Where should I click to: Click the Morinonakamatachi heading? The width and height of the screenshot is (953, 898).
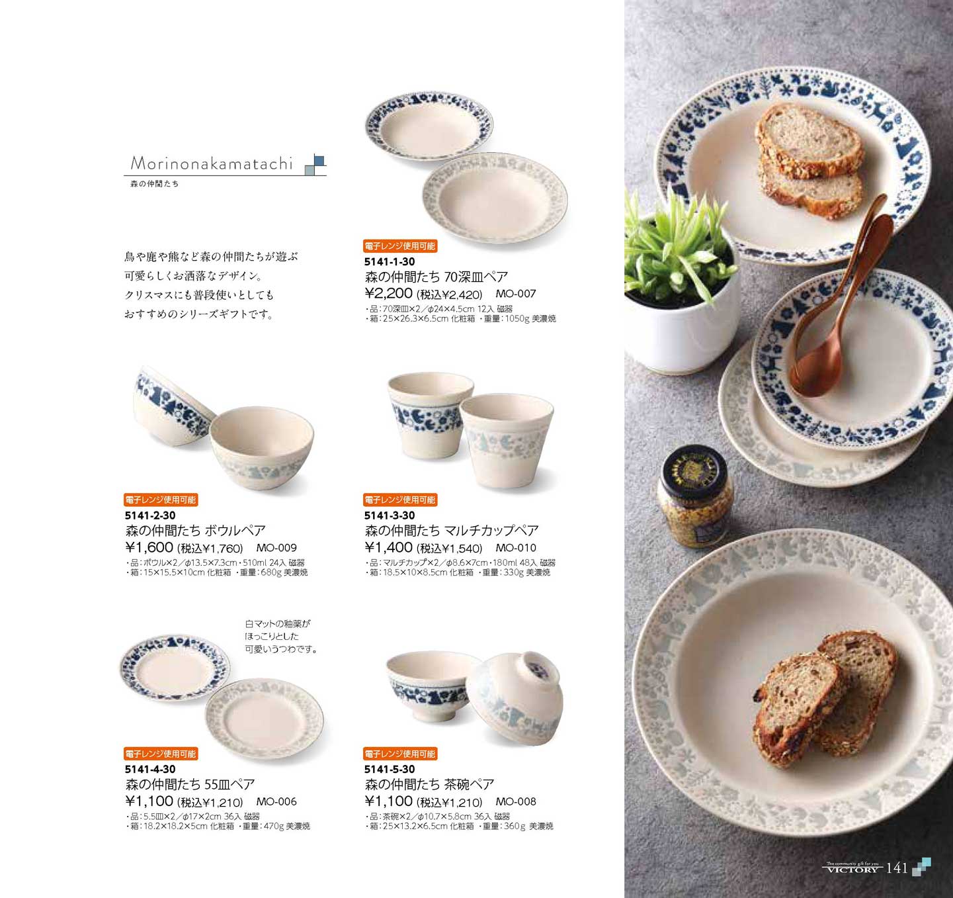point(212,163)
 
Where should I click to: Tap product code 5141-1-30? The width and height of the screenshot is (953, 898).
point(389,261)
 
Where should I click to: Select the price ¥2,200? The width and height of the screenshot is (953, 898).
point(388,293)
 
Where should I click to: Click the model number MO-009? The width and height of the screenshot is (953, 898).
point(276,547)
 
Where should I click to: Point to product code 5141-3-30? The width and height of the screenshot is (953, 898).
point(389,516)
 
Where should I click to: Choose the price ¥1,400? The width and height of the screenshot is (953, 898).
point(388,547)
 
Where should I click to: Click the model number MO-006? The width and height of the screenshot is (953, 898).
point(276,801)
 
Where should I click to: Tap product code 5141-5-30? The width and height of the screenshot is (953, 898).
point(389,770)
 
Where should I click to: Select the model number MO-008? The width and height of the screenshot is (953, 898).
point(516,801)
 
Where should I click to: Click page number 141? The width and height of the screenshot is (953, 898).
point(897,868)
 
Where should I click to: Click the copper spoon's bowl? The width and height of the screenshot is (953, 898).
point(813,370)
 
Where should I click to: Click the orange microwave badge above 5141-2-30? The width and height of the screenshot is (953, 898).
point(160,500)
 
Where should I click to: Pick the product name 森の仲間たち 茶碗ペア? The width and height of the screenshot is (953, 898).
point(429,785)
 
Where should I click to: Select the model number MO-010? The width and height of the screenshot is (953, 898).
point(516,547)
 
